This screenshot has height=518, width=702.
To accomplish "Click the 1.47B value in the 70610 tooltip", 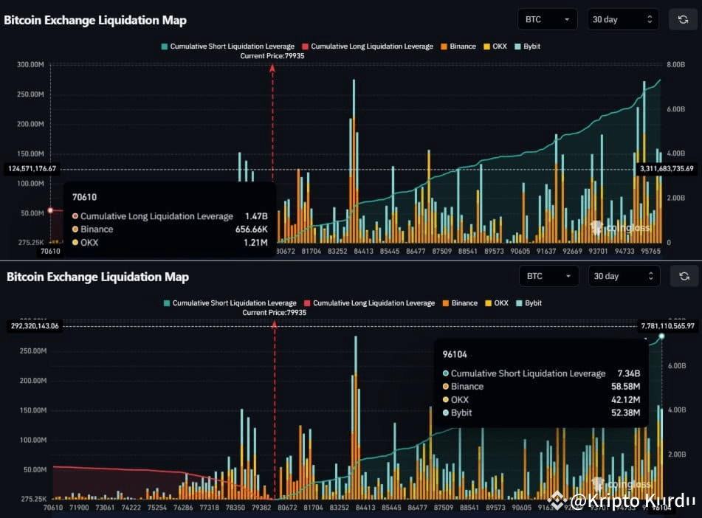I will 256,216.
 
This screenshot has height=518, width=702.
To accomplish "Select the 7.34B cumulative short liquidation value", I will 627,373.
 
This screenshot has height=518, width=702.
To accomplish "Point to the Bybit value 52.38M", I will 627,412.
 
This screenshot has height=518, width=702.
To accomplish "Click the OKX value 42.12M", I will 627,400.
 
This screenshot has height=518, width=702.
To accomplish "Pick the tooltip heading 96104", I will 455,354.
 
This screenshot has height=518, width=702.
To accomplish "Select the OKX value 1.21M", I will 256,242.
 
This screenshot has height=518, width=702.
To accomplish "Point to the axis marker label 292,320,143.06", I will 35,325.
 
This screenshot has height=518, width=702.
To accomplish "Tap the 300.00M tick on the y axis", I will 31,64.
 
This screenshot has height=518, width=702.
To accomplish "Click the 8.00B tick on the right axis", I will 676,64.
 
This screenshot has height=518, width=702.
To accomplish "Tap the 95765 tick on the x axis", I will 650,251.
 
